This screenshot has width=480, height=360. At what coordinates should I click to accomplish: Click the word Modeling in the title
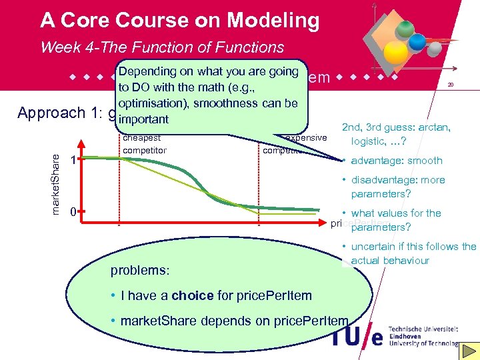[273, 21]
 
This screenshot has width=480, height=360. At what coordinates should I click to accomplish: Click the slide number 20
[451, 85]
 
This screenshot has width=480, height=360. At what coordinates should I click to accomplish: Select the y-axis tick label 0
[73, 212]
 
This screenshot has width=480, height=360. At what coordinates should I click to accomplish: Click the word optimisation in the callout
[149, 103]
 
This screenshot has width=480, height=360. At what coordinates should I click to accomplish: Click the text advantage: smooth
[397, 161]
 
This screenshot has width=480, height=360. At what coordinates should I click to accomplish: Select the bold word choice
[192, 295]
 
